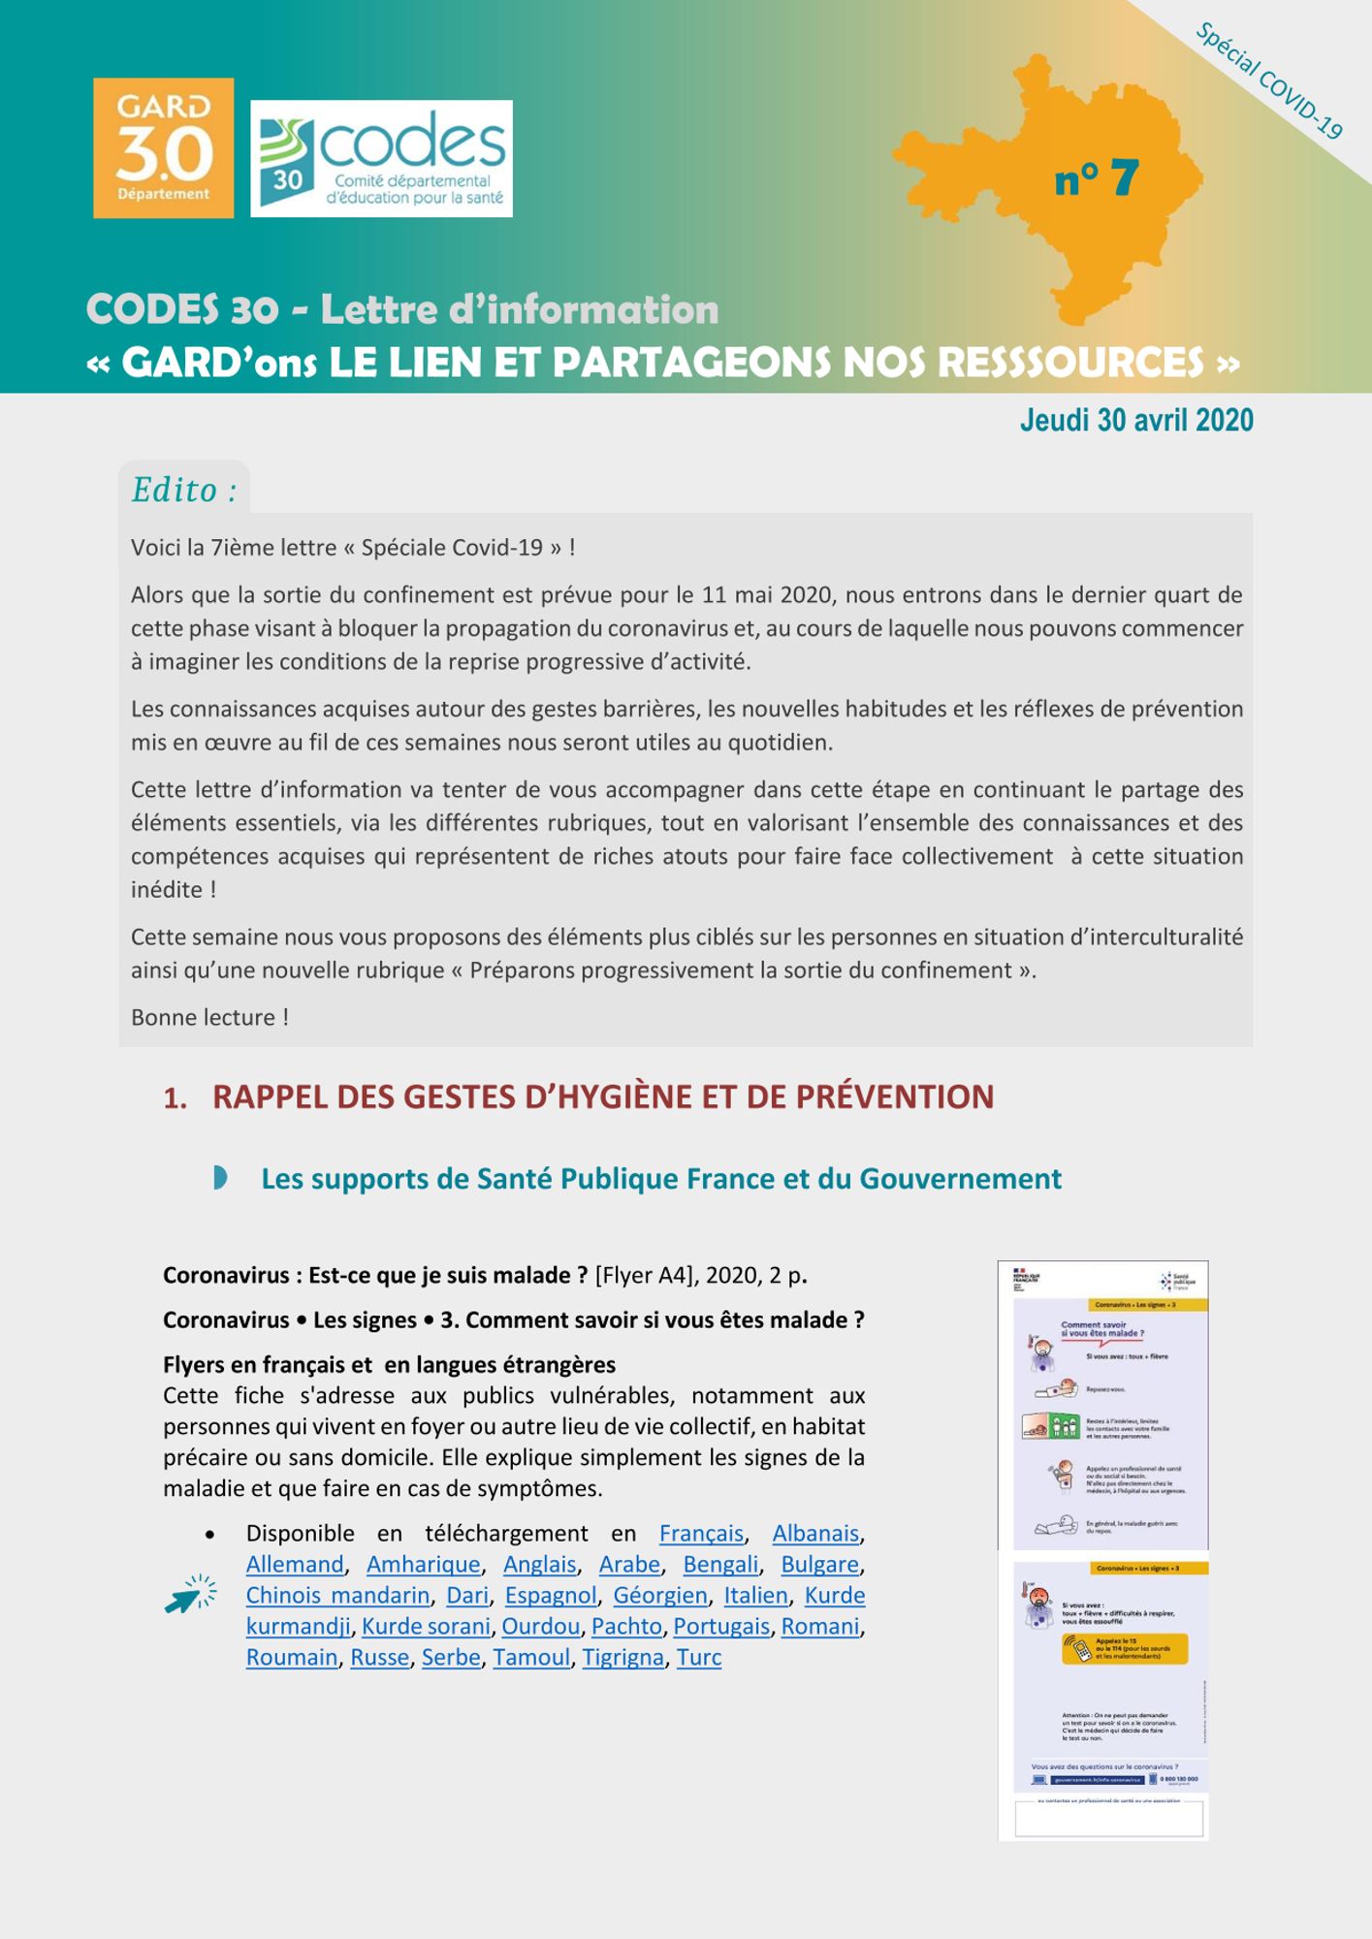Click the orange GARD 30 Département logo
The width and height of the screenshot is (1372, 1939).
[x=163, y=147]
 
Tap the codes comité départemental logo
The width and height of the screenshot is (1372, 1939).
[x=381, y=158]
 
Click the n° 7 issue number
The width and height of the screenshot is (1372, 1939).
[x=1096, y=178]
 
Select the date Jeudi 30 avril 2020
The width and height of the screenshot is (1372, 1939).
[x=1136, y=421]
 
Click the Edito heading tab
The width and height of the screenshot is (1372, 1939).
[x=184, y=490]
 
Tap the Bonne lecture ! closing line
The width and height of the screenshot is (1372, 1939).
[x=209, y=1017]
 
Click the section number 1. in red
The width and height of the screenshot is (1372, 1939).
[x=175, y=1098]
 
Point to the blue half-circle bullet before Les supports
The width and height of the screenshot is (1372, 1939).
[x=220, y=1178]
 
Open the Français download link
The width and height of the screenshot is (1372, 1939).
[x=701, y=1534]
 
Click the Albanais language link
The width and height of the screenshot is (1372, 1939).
[x=815, y=1534]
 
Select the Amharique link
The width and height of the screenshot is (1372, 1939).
[x=423, y=1565]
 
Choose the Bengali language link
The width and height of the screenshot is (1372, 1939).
[x=720, y=1565]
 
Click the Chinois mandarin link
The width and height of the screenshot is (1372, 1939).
[x=337, y=1596]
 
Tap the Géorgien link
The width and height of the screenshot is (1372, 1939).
[x=660, y=1596]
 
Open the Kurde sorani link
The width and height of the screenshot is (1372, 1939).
[x=426, y=1627]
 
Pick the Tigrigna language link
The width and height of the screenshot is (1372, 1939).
[x=623, y=1658]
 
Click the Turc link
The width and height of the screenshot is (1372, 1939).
[x=699, y=1658]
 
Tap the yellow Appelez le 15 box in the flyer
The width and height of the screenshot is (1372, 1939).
[x=1125, y=1648]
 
